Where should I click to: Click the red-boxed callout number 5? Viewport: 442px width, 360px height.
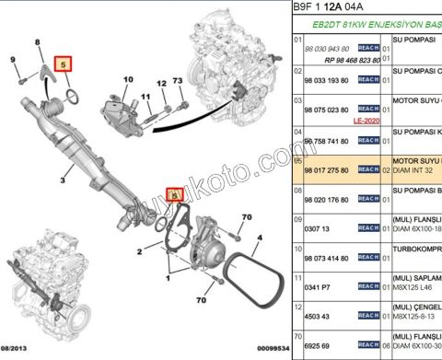(64, 64)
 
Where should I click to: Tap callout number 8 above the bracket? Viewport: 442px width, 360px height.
(38, 43)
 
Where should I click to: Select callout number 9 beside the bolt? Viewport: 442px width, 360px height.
(13, 60)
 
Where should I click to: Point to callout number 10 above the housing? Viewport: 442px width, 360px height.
(127, 79)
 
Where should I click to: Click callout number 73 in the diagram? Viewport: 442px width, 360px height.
(178, 83)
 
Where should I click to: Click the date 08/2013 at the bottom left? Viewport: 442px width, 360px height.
(18, 351)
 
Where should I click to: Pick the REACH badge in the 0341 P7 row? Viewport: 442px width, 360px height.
(368, 287)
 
